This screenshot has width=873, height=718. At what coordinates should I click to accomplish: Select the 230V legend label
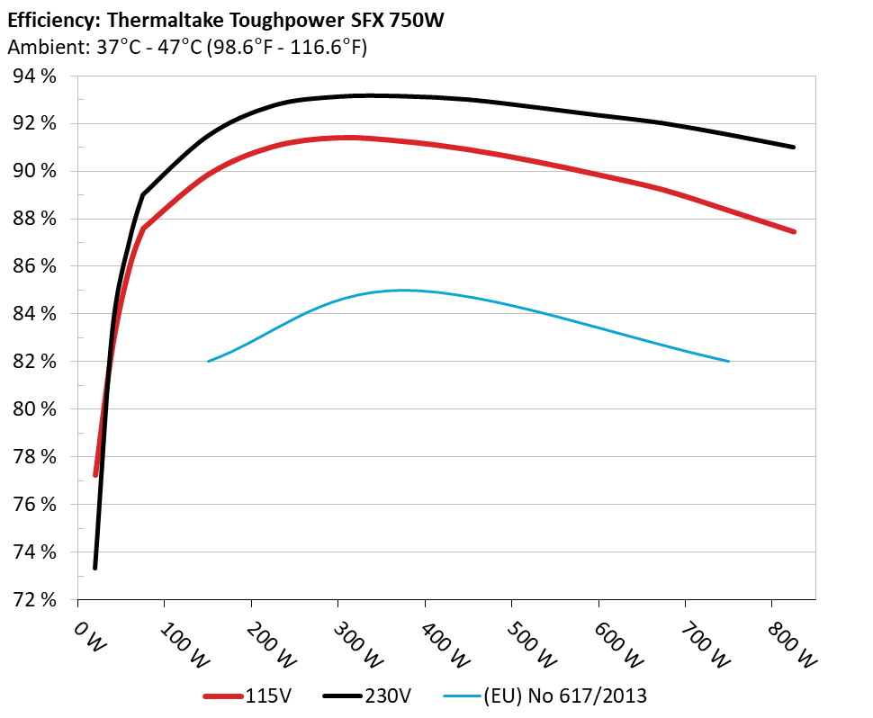(389, 695)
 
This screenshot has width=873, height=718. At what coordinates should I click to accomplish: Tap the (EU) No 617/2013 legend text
(565, 695)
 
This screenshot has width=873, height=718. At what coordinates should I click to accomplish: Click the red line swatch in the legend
(224, 696)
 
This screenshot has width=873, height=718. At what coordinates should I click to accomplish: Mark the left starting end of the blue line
(209, 361)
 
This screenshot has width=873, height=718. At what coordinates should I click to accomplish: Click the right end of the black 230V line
(794, 147)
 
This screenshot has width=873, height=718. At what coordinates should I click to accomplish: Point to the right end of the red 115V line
(794, 231)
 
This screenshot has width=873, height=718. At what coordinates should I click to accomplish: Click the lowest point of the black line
(94, 568)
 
